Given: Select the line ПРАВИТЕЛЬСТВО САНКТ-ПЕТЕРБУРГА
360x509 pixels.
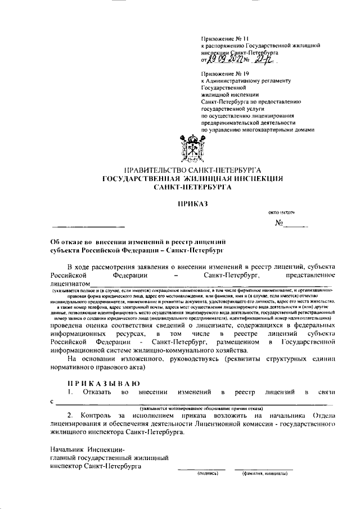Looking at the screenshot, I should [x=193, y=169].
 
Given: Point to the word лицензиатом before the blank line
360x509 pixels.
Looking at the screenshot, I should [x=70, y=284].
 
